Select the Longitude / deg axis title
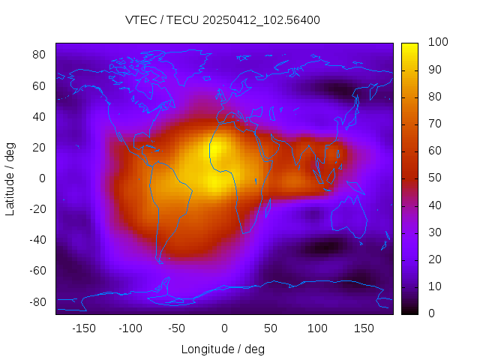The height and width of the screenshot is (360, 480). [x=223, y=349]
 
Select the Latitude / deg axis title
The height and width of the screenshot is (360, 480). [x=10, y=178]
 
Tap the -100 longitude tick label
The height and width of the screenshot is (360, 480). [x=130, y=328]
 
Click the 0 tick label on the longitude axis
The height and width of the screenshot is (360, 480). [x=223, y=328]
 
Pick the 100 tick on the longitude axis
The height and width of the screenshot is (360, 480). [x=317, y=328]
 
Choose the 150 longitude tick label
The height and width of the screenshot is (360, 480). [x=364, y=328]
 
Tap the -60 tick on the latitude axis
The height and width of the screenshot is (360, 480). [x=37, y=271]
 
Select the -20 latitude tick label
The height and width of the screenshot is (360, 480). [x=37, y=209]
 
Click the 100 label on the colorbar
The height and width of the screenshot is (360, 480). [x=438, y=43]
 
